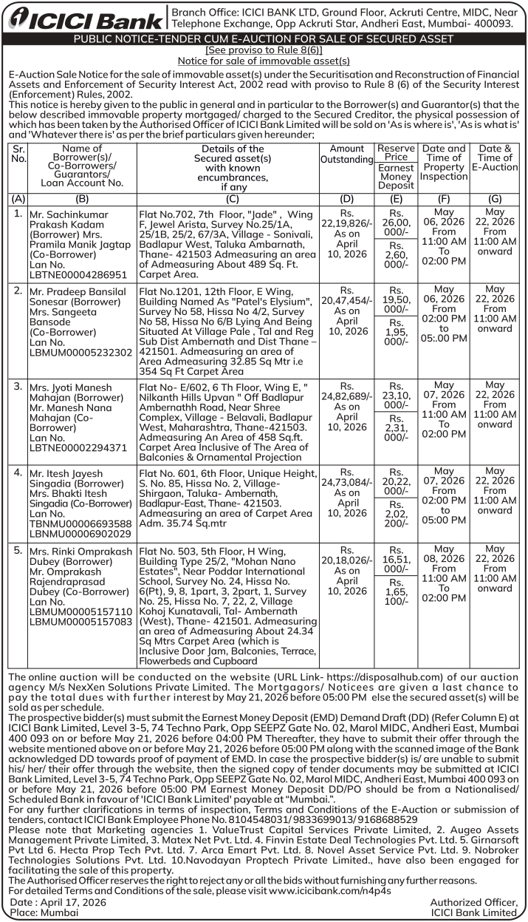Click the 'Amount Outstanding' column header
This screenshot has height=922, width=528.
(347, 154)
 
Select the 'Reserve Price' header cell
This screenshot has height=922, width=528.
(396, 153)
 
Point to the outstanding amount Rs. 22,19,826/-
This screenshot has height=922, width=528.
(347, 219)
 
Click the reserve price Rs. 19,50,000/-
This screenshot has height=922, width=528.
(397, 301)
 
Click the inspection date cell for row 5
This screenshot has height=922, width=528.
(444, 574)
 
